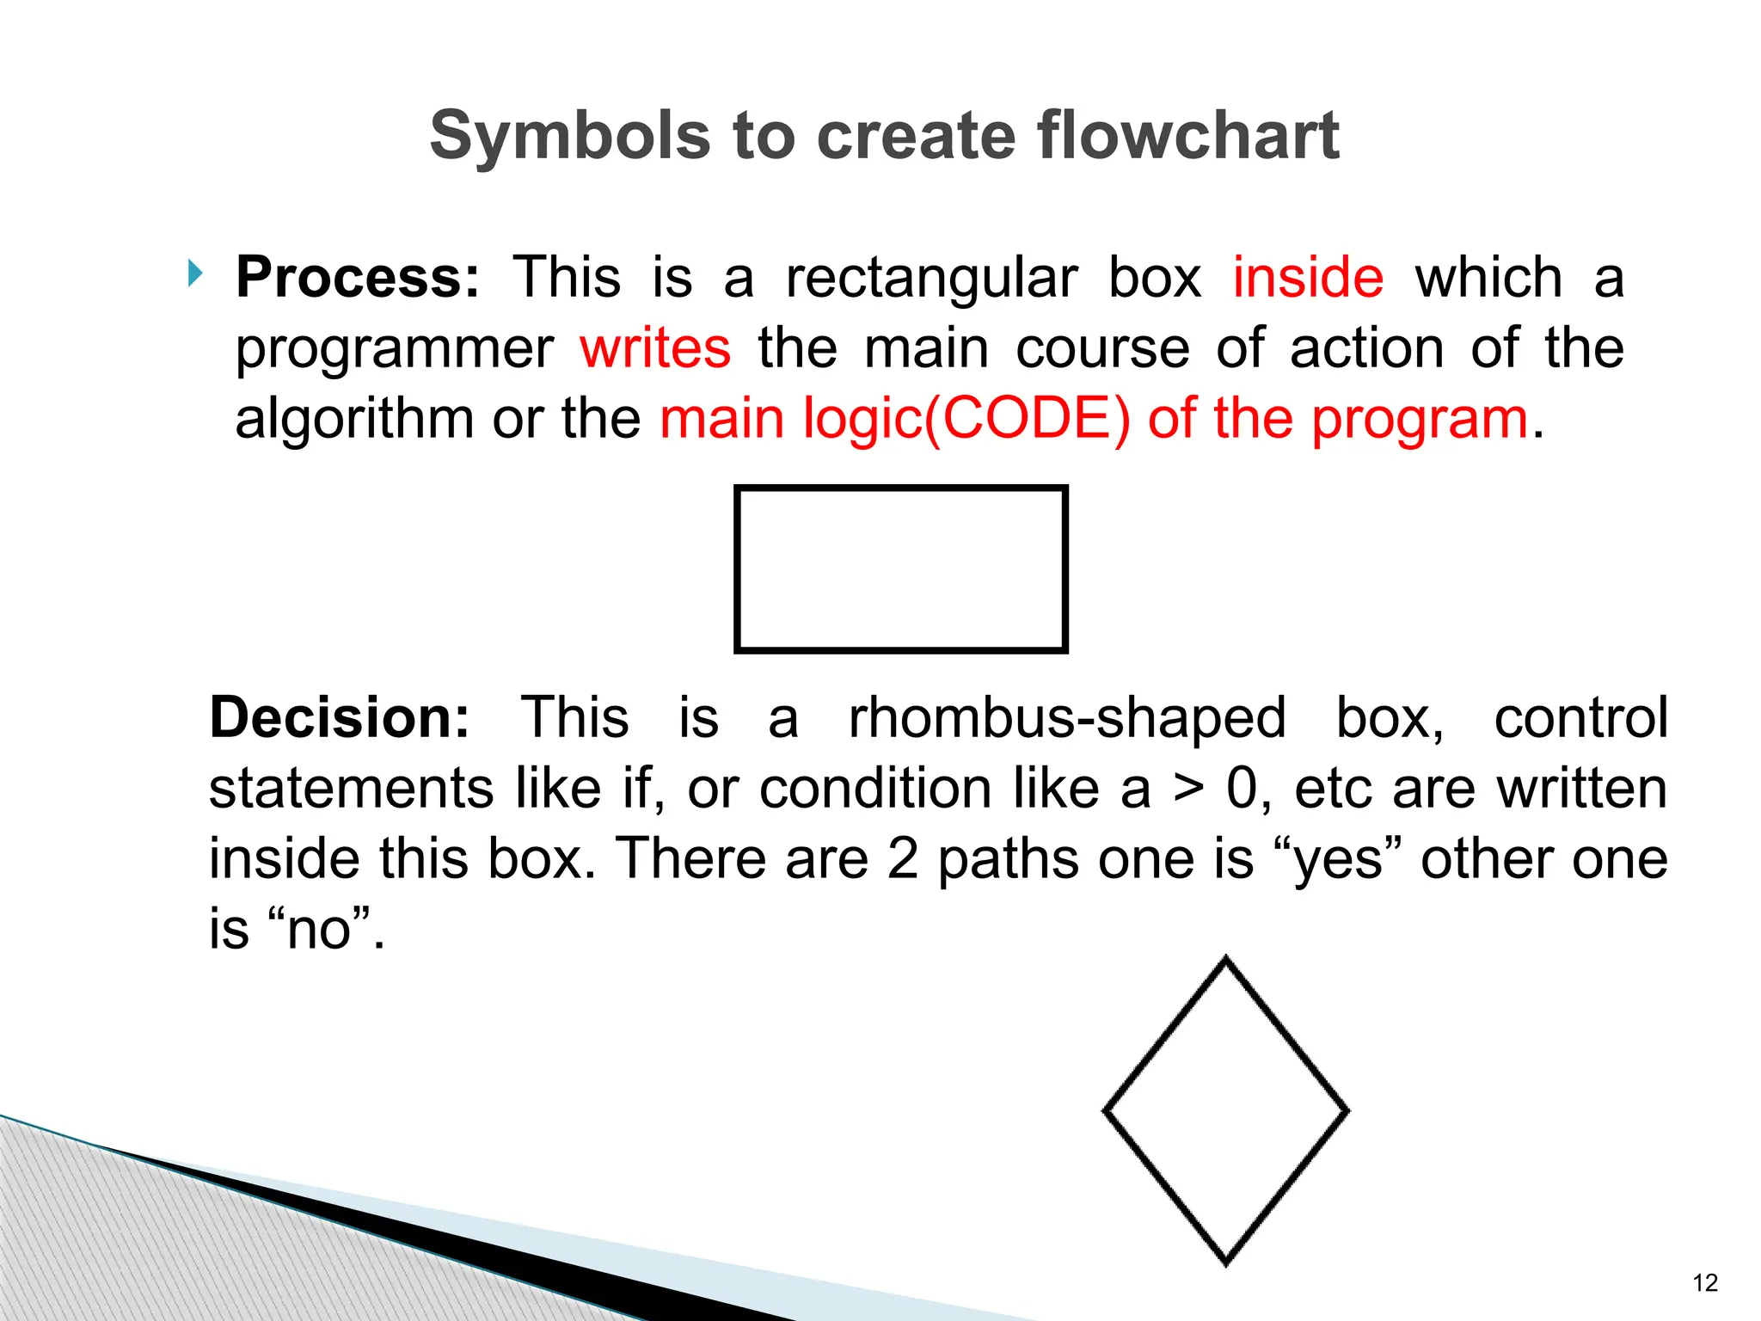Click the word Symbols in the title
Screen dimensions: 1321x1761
569,137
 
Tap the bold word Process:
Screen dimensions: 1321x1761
358,278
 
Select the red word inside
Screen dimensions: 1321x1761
1308,278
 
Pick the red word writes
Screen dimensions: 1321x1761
655,348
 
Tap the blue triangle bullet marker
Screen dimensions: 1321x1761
196,274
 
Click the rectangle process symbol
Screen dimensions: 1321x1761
900,569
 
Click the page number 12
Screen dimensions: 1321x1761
1704,1283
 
